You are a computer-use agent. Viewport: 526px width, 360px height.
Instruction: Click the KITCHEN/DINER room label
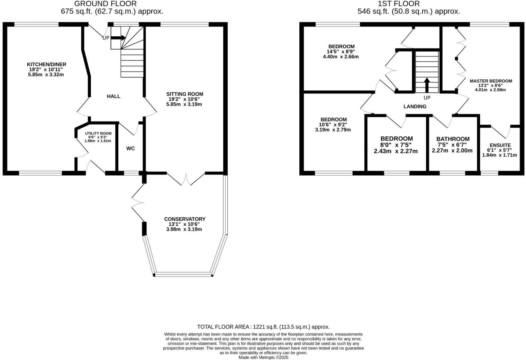point(46,64)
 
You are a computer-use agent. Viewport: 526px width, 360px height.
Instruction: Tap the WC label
point(130,148)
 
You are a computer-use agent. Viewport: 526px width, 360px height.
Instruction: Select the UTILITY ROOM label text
point(98,133)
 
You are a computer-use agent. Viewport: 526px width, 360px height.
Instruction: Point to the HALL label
point(114,96)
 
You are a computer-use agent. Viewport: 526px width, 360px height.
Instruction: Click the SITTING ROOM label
point(185,94)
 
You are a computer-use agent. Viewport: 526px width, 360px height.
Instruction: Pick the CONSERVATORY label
point(184,219)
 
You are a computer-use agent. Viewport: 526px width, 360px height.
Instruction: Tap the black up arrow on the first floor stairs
point(427,85)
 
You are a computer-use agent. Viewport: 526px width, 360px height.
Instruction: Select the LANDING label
point(415,107)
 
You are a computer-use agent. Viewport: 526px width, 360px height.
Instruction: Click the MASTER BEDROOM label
point(491,81)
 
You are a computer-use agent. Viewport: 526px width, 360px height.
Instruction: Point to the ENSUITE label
point(500,145)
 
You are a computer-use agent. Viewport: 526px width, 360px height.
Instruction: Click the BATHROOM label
point(453,139)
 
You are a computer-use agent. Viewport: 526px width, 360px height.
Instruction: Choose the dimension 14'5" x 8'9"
point(341,52)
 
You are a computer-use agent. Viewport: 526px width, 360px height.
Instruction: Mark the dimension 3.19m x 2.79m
point(333,130)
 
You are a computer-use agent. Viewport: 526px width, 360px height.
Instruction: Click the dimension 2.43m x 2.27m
point(396,151)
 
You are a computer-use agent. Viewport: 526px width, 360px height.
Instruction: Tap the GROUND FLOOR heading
point(105,4)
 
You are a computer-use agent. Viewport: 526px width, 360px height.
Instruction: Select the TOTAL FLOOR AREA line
point(263,327)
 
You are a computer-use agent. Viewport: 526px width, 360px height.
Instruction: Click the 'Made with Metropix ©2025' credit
point(263,358)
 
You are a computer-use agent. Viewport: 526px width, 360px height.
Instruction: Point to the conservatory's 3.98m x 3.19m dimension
point(184,229)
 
